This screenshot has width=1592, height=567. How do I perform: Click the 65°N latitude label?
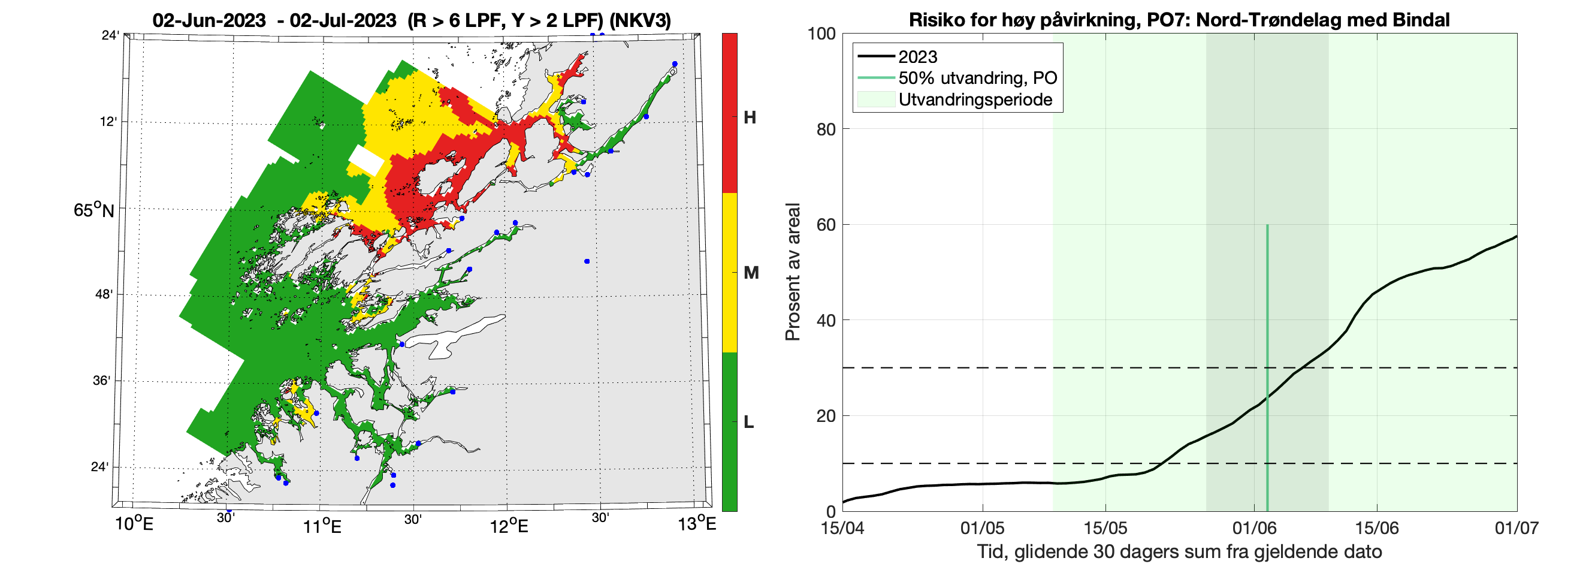[x=93, y=210]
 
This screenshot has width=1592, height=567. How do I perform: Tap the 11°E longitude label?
[x=322, y=526]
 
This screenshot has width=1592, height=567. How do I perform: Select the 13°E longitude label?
[x=696, y=525]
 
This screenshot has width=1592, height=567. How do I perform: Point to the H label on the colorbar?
[x=750, y=117]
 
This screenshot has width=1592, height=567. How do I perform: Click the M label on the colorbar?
[x=751, y=273]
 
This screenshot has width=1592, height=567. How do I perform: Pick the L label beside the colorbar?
[x=748, y=423]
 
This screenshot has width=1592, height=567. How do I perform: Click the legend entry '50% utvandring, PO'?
[x=977, y=78]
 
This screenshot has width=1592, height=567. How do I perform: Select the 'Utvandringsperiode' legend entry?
[x=975, y=99]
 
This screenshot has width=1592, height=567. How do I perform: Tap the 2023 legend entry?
[x=917, y=57]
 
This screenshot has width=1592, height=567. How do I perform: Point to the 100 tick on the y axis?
[x=821, y=34]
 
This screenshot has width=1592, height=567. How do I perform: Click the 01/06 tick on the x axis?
[x=1254, y=528]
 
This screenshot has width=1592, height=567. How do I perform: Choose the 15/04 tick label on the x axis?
[x=842, y=528]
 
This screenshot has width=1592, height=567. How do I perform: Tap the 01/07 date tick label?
[x=1516, y=528]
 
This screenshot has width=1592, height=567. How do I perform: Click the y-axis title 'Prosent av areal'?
[x=792, y=272]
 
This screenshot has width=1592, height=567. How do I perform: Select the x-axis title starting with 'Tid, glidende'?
[x=1179, y=551]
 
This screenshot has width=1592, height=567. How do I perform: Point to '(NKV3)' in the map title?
[x=641, y=20]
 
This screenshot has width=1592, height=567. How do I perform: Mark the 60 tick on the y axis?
[x=826, y=224]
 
